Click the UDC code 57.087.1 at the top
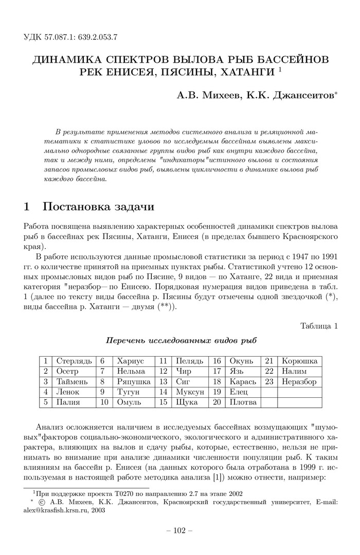(x=59, y=37)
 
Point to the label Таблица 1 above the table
(x=318, y=325)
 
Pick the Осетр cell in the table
(x=68, y=372)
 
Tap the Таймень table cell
(x=72, y=382)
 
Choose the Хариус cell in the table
(x=131, y=361)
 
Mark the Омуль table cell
(x=129, y=402)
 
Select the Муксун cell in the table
(x=189, y=392)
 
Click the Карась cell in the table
(x=242, y=382)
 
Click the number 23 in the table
(x=268, y=382)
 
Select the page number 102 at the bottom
(x=179, y=530)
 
